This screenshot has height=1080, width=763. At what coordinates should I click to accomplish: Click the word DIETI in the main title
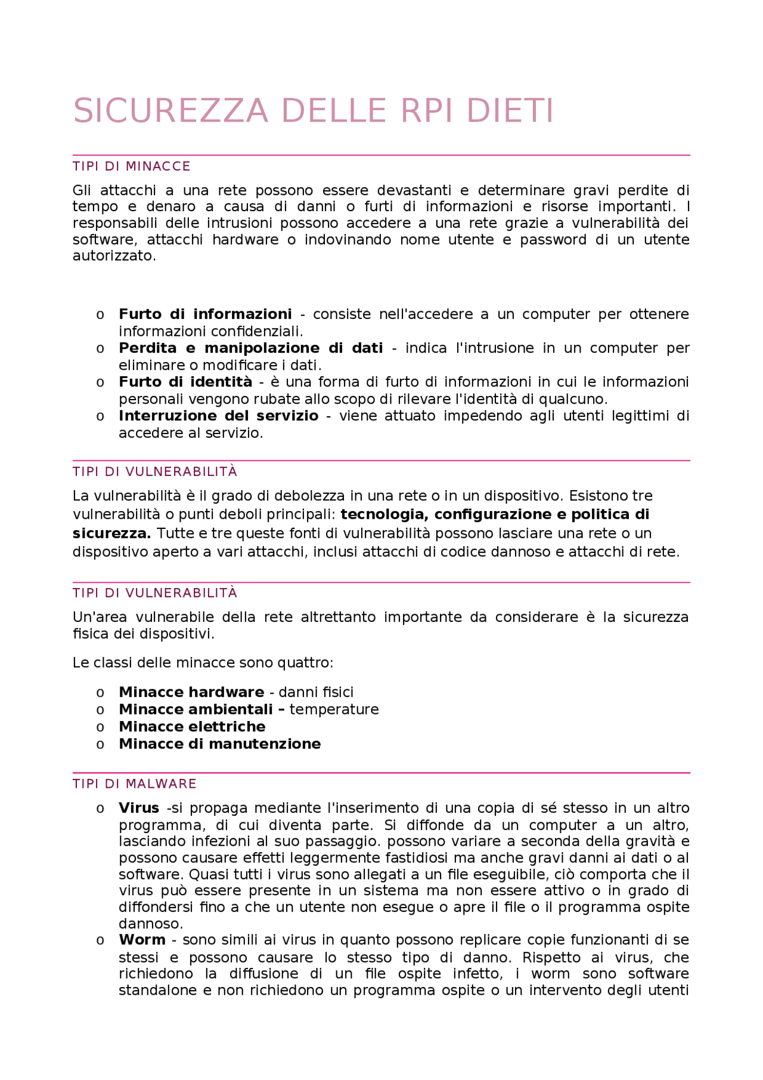[x=510, y=112]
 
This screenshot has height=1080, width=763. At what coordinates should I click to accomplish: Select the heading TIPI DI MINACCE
[x=131, y=166]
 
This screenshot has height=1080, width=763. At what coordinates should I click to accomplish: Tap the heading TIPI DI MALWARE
[x=134, y=784]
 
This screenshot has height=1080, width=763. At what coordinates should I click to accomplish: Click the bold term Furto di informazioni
[x=205, y=314]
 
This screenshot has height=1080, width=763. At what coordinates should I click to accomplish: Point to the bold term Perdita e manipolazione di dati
[x=250, y=348]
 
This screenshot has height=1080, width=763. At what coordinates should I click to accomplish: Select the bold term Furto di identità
[x=185, y=382]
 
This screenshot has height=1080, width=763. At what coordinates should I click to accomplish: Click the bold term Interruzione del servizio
[x=218, y=416]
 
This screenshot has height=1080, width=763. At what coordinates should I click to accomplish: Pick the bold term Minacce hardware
[x=191, y=692]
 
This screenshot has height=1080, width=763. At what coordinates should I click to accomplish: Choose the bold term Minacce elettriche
[x=192, y=727]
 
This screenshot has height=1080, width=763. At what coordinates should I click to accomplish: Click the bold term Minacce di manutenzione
[x=219, y=744]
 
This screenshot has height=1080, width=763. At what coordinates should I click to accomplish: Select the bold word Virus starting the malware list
[x=139, y=808]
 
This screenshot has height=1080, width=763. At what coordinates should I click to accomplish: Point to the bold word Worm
[x=142, y=940]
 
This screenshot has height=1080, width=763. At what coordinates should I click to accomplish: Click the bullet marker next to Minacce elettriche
[x=100, y=728]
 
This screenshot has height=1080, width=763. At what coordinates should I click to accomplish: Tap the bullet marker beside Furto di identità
[x=100, y=383]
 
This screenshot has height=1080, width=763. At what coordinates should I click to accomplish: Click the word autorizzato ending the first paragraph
[x=113, y=256]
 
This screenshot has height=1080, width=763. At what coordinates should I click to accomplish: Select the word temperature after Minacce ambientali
[x=334, y=710]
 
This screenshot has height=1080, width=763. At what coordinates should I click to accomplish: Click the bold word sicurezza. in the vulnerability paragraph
[x=111, y=533]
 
